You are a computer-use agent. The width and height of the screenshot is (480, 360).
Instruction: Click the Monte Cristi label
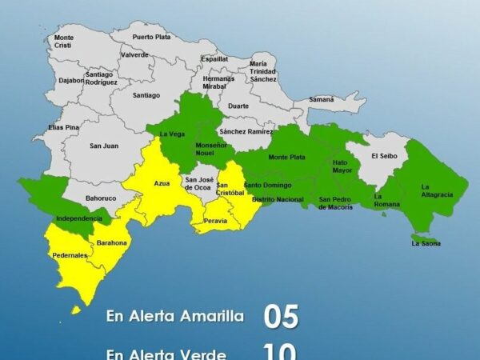coord(64,42)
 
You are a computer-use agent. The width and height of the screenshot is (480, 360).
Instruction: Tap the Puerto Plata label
coord(152,37)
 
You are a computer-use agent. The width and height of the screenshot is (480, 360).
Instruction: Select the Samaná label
coord(322,99)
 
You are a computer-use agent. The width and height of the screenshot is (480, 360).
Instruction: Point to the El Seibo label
coord(384,157)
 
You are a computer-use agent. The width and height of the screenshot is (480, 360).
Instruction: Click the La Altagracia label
coord(437,190)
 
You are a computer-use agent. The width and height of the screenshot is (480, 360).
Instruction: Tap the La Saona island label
coord(426,243)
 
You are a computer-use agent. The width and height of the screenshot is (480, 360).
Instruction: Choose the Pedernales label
coord(70,255)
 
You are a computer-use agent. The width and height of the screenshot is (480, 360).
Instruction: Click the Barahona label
coord(112,242)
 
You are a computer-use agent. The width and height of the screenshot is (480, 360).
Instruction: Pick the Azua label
coord(162,183)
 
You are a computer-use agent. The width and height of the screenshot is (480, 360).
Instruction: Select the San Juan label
coord(104,146)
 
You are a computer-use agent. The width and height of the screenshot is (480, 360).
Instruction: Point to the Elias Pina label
coord(63,127)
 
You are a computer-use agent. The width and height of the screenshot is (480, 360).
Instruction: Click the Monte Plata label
coord(286,158)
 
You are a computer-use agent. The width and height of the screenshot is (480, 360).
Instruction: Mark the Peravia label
coord(216,220)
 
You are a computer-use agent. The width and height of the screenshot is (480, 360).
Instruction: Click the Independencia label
coord(78,218)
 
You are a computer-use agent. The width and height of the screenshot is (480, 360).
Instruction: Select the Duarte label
coord(238,106)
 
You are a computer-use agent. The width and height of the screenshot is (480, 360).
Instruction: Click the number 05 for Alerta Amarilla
coord(282,317)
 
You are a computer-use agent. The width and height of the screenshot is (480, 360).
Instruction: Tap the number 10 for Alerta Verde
coord(280,352)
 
